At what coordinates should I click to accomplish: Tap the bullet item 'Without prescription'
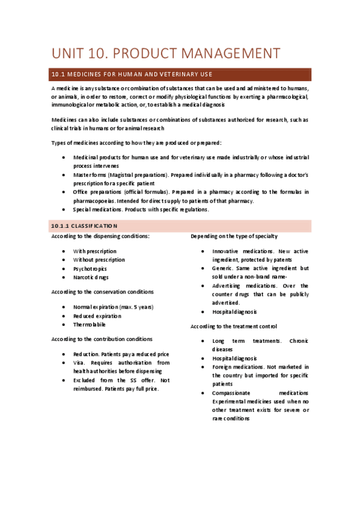pyautogui.click(x=99, y=260)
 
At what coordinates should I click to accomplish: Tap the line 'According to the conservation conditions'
pyautogui.click(x=102, y=292)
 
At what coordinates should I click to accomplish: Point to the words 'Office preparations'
pyautogui.click(x=99, y=192)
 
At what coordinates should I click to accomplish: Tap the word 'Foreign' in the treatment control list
pyautogui.click(x=223, y=367)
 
